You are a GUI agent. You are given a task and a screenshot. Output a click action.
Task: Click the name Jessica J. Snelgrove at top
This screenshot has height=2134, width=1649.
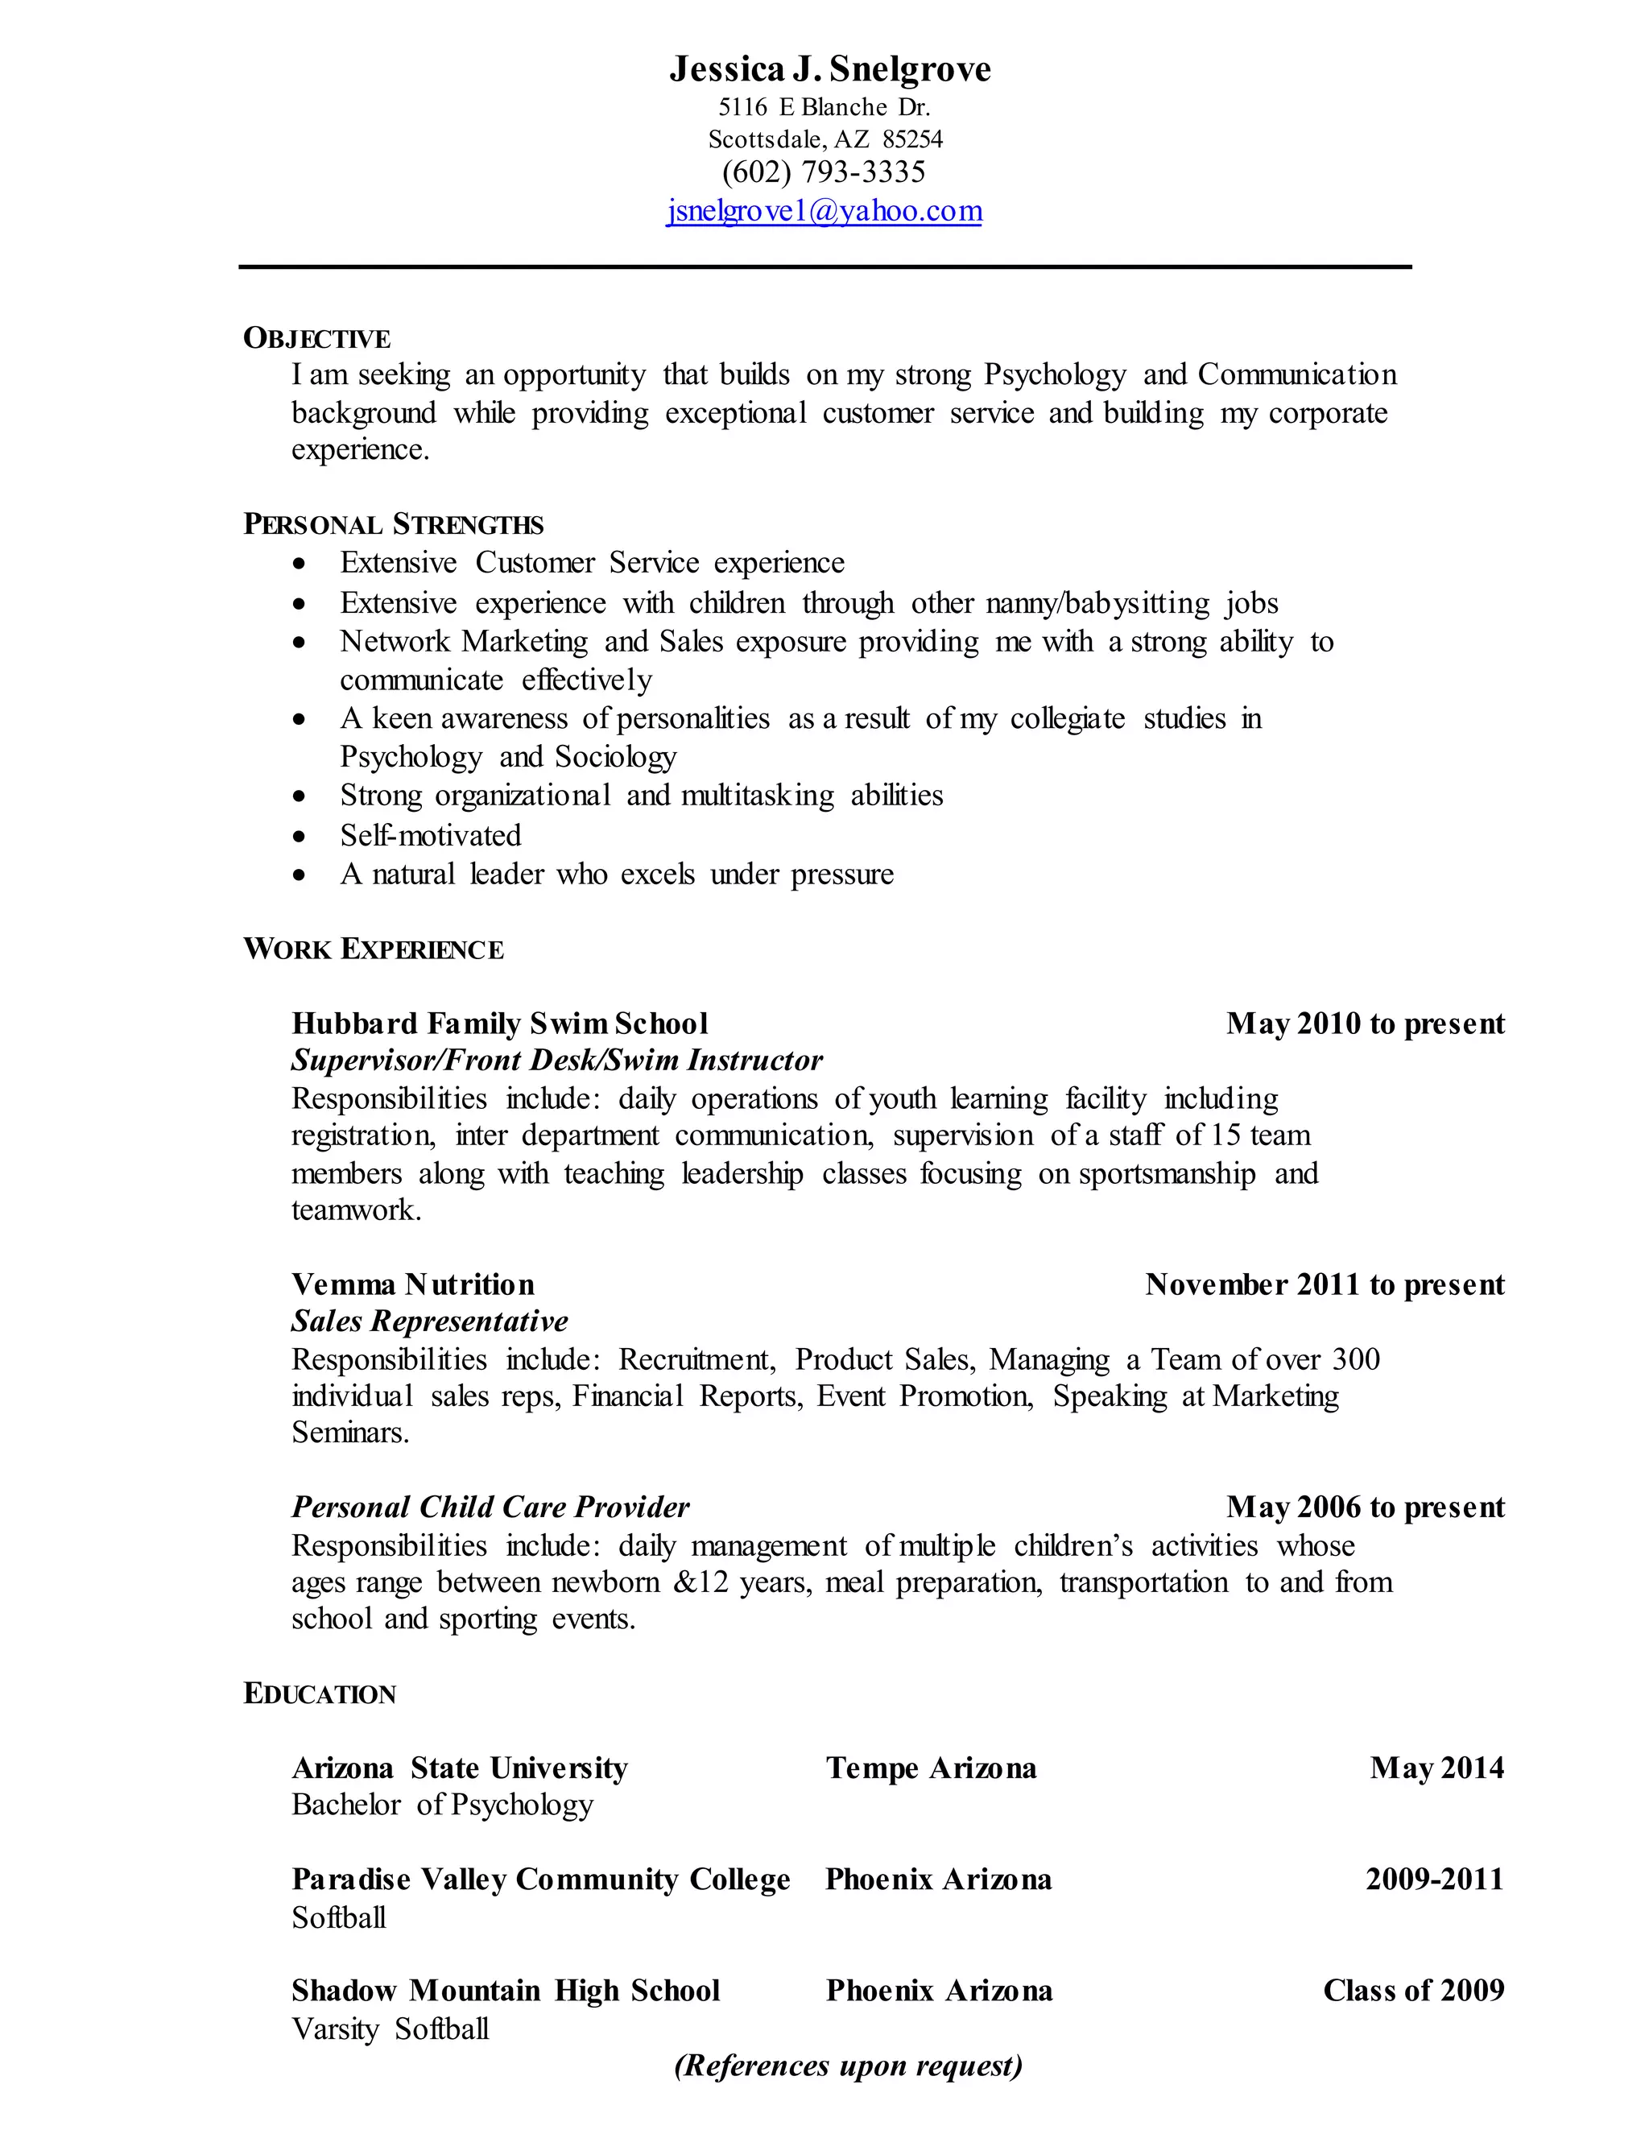(829, 69)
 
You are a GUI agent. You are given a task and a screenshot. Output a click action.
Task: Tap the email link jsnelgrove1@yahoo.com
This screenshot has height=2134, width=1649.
(824, 211)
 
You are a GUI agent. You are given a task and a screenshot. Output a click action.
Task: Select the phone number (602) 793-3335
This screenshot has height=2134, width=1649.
(824, 173)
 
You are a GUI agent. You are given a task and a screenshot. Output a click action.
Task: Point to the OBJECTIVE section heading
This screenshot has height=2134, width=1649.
(316, 338)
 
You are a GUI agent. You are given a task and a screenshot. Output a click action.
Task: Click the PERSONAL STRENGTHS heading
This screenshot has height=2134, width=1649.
(393, 525)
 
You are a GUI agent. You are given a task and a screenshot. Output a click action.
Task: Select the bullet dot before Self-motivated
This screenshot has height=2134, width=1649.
(300, 837)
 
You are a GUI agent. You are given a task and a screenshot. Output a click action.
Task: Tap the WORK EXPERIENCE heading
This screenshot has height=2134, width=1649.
(373, 949)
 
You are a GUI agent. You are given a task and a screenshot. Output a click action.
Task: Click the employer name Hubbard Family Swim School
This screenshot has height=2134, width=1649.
(499, 1024)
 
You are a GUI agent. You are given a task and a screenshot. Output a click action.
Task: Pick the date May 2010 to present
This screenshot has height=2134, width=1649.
(1365, 1024)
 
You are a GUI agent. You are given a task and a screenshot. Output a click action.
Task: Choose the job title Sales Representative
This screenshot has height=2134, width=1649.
(429, 1322)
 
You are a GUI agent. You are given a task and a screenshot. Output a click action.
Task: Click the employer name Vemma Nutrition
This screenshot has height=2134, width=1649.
(412, 1285)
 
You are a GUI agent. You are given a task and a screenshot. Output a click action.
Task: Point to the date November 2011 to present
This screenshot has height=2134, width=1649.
(1325, 1285)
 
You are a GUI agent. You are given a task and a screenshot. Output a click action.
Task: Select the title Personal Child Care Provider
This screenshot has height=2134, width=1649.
(490, 1507)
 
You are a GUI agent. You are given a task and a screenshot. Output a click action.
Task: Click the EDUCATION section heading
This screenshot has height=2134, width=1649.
(320, 1694)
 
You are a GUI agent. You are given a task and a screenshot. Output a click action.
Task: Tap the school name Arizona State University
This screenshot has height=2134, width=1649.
(459, 1768)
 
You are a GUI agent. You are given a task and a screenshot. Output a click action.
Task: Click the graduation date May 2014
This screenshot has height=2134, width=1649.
(1436, 1768)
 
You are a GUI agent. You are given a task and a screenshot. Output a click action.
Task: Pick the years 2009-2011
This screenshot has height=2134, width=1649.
(1434, 1879)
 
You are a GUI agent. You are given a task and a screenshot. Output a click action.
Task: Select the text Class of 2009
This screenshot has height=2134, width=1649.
(1412, 1991)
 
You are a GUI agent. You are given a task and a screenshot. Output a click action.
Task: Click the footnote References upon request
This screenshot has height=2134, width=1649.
(848, 2065)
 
